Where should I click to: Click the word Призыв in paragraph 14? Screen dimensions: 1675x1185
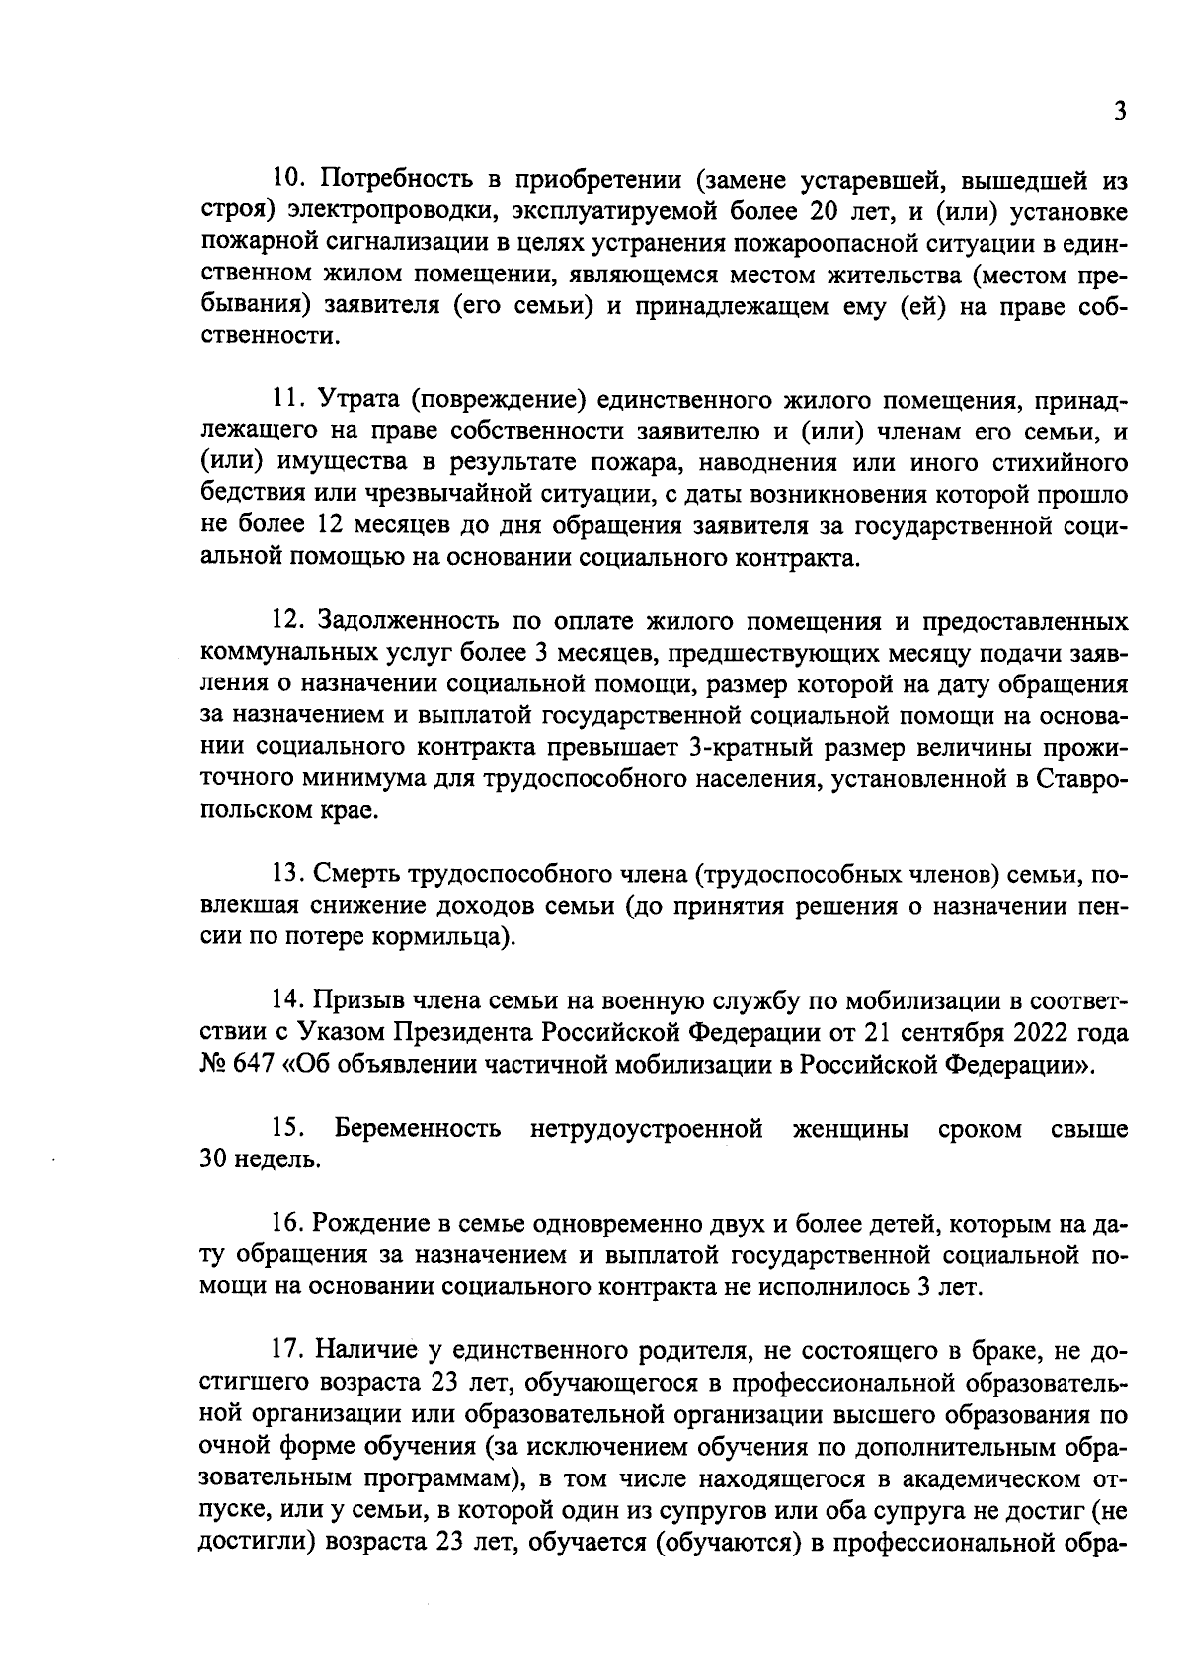pyautogui.click(x=356, y=1002)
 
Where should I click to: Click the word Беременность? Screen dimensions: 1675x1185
pyautogui.click(x=418, y=1128)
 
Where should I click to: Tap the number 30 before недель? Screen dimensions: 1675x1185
pyautogui.click(x=214, y=1159)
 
